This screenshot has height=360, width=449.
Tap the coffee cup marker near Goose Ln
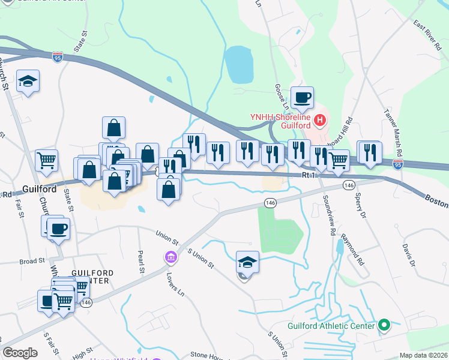click(x=302, y=98)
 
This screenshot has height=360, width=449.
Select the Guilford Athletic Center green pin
click(x=384, y=326)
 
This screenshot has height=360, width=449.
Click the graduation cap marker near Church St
click(x=27, y=82)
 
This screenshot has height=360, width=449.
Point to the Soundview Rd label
click(x=328, y=215)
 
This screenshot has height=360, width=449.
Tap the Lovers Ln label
click(x=176, y=284)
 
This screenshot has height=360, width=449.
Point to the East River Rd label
click(x=427, y=31)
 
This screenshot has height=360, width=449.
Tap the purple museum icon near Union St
click(x=171, y=258)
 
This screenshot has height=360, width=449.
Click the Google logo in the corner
click(x=20, y=353)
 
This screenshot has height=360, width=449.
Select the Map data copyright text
click(x=423, y=355)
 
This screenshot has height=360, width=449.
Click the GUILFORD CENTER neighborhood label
click(x=90, y=276)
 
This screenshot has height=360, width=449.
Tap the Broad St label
click(x=32, y=261)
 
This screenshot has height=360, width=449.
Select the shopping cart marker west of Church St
click(x=46, y=160)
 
